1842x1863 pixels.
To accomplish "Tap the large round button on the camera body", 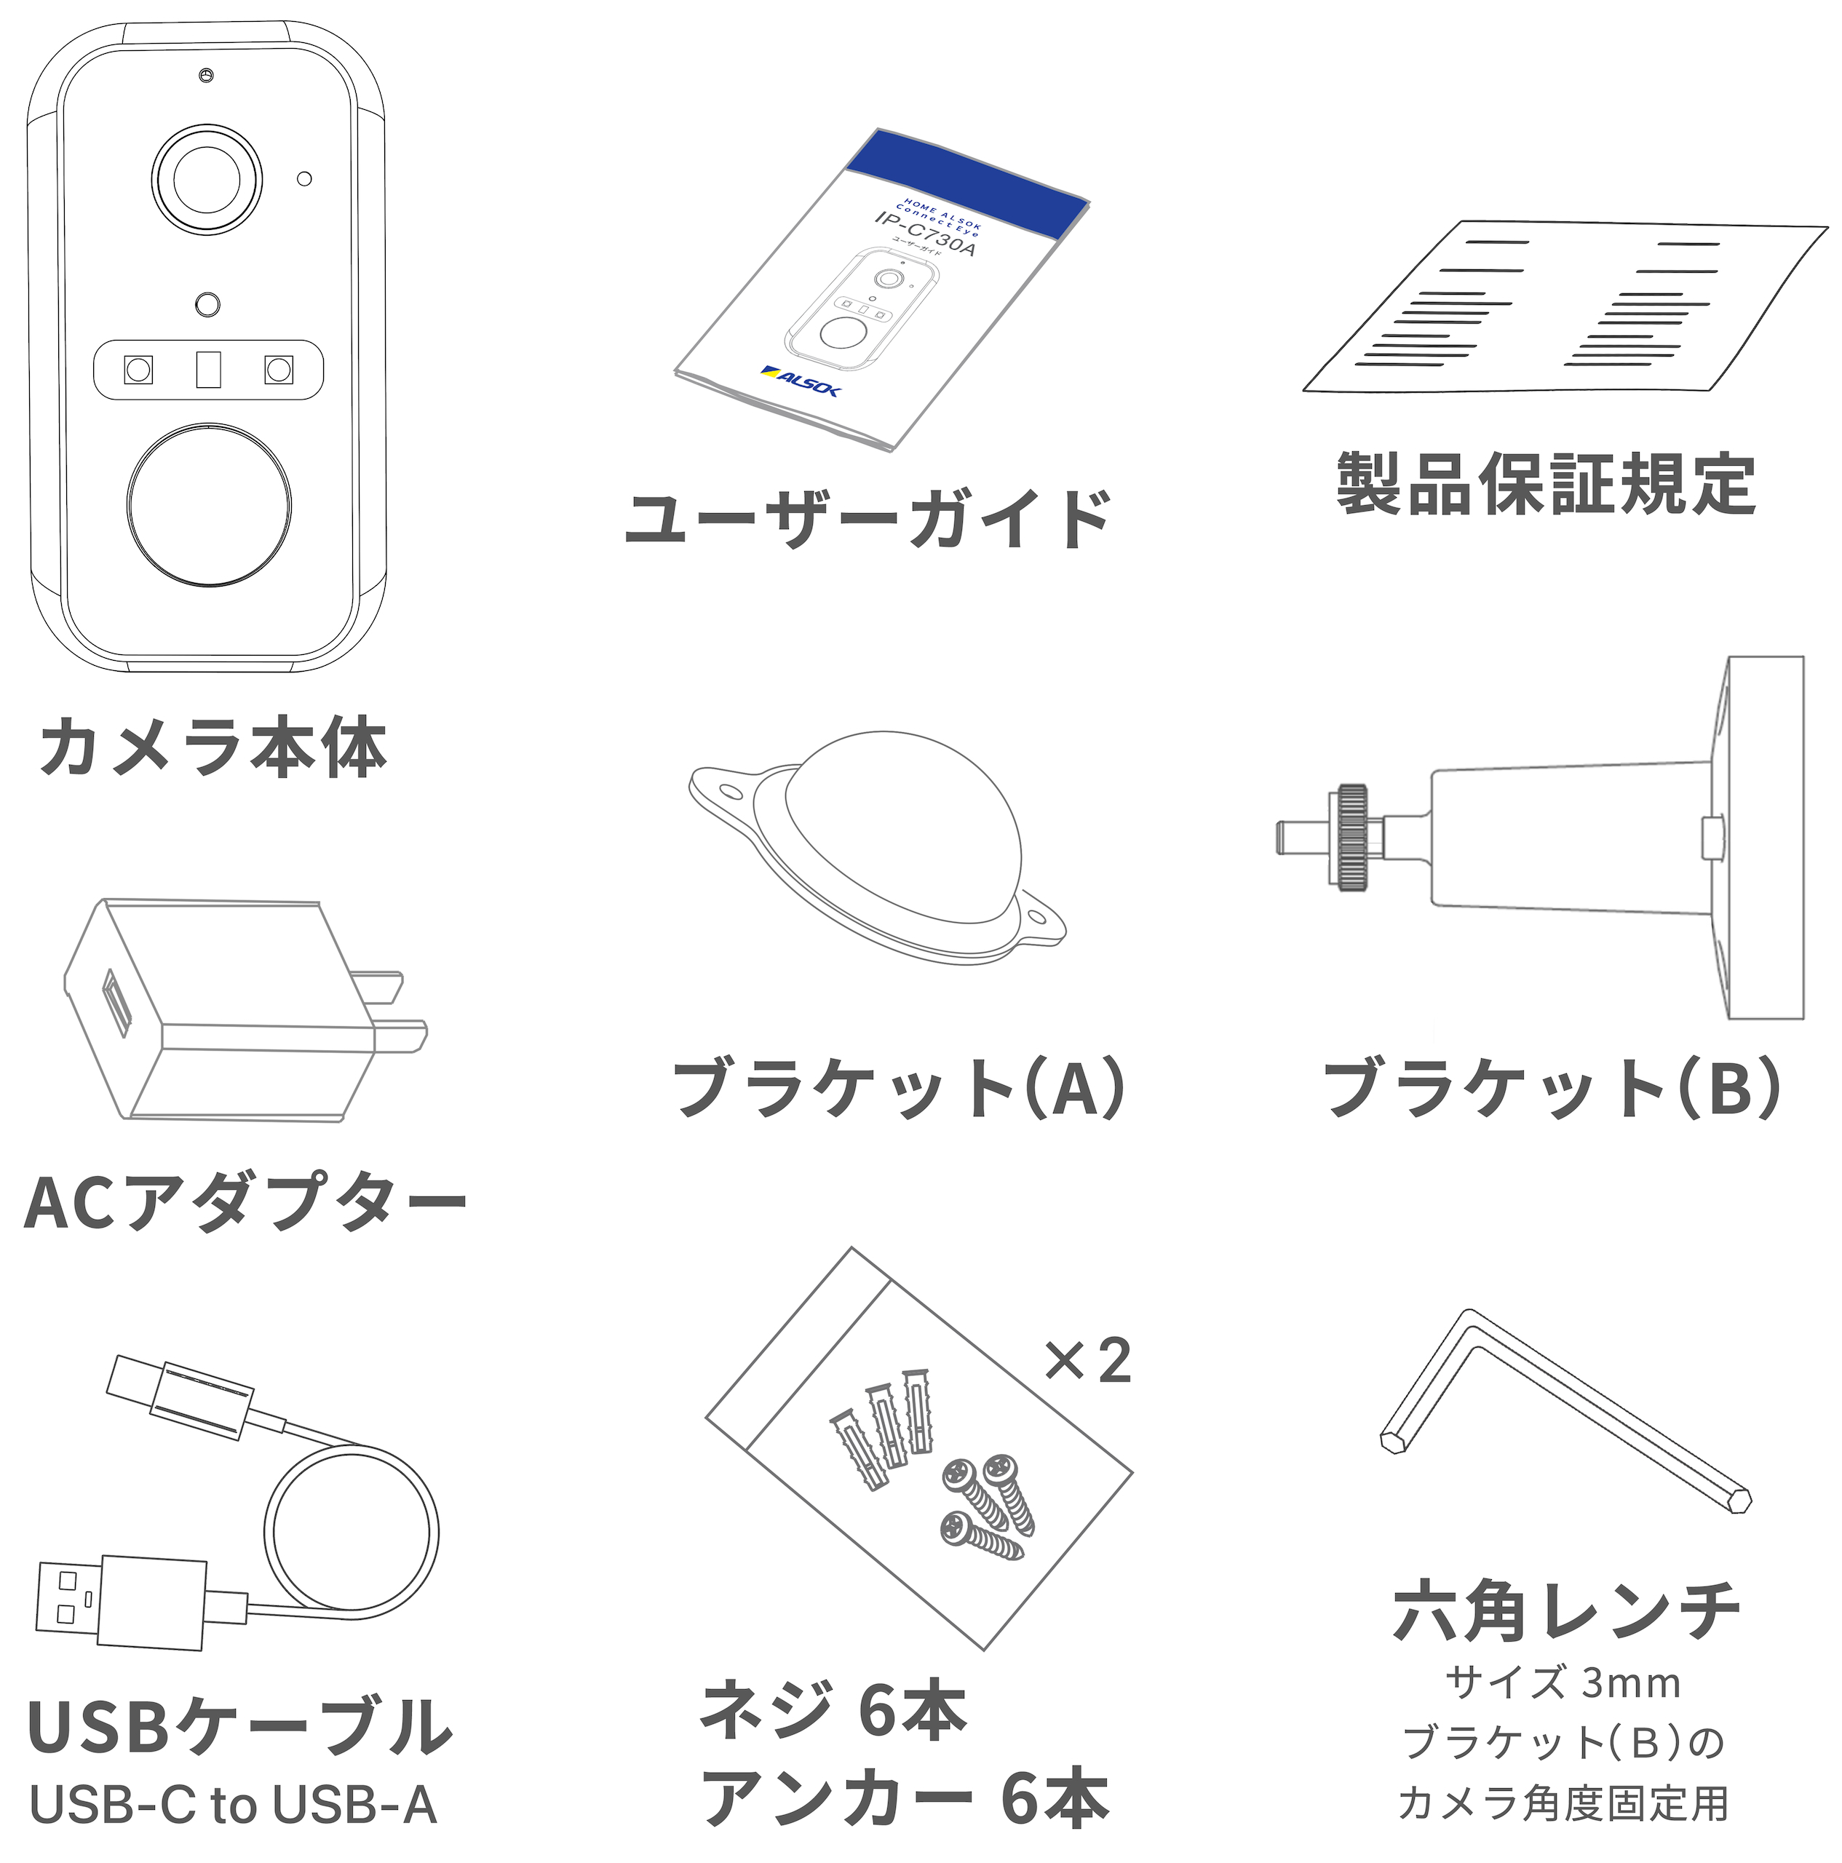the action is tap(208, 504).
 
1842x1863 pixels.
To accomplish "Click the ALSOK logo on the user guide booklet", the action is tap(801, 380).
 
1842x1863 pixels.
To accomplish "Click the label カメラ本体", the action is tap(213, 747).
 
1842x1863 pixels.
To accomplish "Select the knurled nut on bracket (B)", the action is tap(1351, 837).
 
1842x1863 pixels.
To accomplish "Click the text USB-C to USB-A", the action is tap(234, 1804).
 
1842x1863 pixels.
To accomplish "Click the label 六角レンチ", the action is tap(1566, 1610).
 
